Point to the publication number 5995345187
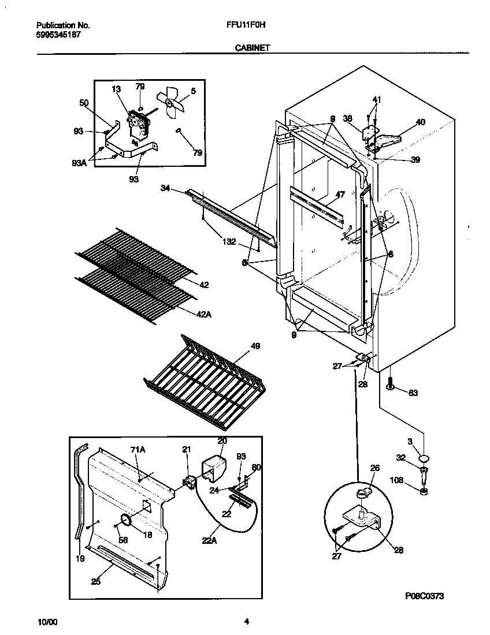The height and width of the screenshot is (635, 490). tap(58, 35)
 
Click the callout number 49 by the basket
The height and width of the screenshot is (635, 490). tap(255, 346)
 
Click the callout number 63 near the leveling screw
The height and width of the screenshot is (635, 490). tap(413, 393)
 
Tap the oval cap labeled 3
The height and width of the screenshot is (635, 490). tap(425, 458)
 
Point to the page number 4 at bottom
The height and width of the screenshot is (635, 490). tap(247, 622)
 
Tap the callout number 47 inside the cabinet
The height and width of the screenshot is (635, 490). tap(340, 195)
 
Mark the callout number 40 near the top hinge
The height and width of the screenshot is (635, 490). tap(420, 122)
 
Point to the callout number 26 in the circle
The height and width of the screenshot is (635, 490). tap(374, 468)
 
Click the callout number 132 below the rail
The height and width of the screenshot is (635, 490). tap(228, 242)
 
